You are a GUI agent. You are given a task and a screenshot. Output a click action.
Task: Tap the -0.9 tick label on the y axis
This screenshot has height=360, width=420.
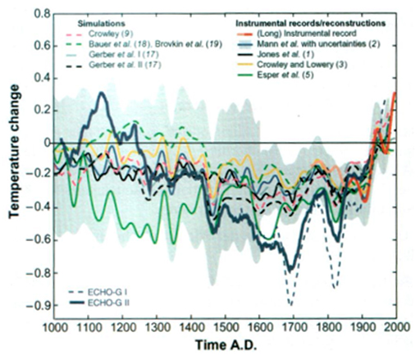(x=35, y=306)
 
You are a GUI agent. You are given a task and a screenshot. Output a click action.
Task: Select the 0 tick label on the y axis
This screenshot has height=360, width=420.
(x=44, y=143)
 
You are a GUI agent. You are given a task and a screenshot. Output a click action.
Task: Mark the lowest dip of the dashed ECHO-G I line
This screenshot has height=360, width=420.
(x=290, y=304)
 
